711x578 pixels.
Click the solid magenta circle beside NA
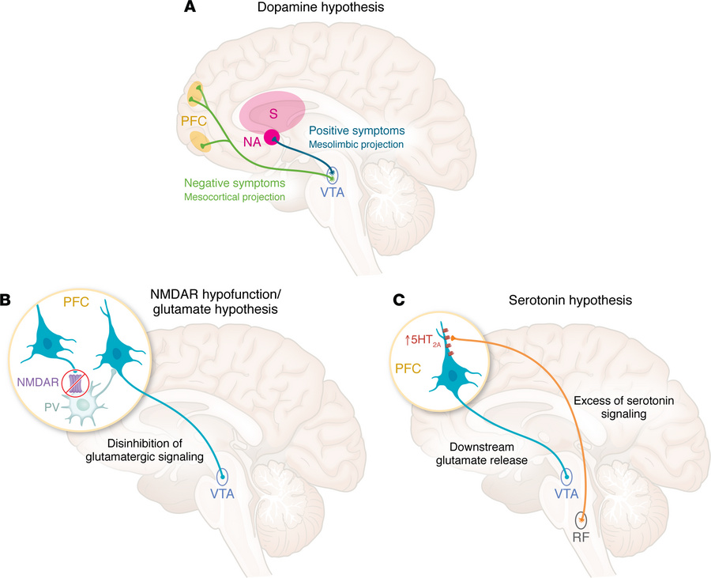coord(273,138)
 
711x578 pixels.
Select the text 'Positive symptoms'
coord(356,130)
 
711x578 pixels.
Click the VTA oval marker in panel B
coord(224,478)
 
